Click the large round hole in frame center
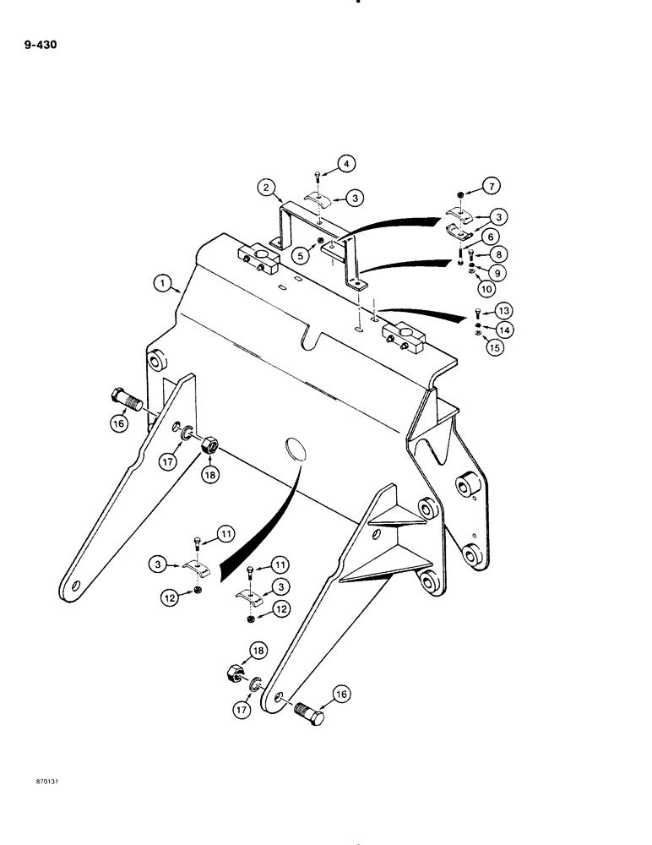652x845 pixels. click(292, 449)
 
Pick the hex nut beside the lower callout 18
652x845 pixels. click(231, 676)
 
